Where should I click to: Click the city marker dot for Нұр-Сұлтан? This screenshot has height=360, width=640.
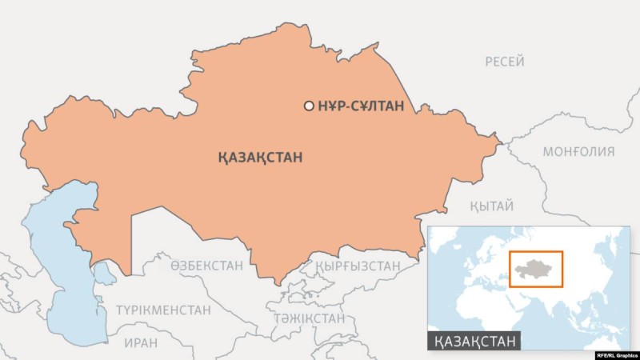(x=309, y=106)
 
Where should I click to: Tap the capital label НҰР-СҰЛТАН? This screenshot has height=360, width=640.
(x=360, y=106)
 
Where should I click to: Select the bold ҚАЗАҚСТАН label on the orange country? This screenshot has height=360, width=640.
(x=260, y=157)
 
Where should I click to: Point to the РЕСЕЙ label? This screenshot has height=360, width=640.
(x=505, y=62)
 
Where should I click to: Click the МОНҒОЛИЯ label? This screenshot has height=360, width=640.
(x=578, y=151)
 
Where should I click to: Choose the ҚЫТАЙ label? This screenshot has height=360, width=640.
(x=491, y=206)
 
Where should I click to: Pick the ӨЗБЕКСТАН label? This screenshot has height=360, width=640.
(x=206, y=266)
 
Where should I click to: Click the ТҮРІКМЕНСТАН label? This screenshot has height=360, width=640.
(x=163, y=310)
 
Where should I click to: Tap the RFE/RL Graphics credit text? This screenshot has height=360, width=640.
(x=614, y=353)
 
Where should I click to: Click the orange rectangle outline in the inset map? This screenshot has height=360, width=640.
(x=563, y=269)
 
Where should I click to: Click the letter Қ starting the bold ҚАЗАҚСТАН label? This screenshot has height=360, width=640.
(x=222, y=157)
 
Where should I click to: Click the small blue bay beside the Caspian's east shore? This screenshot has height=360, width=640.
(x=105, y=274)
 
